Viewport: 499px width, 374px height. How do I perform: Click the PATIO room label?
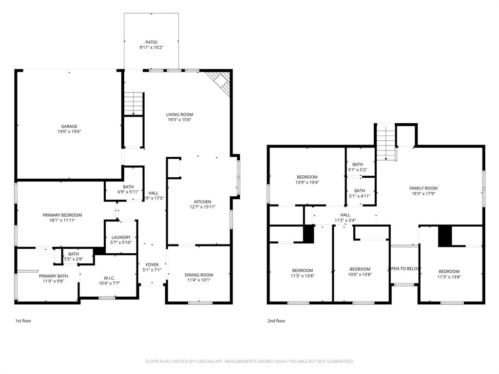tap(151, 42)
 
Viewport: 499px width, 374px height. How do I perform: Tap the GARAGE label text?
tap(69, 127)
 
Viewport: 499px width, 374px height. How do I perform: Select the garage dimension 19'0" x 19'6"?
tap(69, 131)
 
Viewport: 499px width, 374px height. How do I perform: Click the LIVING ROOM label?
tap(179, 115)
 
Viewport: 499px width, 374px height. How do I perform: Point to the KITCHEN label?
tap(202, 202)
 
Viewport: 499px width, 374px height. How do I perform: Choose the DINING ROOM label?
tap(199, 275)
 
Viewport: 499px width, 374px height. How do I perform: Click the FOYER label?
tap(152, 264)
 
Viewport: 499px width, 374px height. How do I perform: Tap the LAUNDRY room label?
tap(120, 237)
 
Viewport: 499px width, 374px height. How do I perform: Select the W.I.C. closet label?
tap(110, 278)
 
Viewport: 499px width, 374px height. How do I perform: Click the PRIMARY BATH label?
tap(54, 276)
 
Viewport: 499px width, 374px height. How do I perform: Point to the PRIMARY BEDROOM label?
tap(62, 215)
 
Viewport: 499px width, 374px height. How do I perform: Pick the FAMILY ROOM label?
tap(423, 188)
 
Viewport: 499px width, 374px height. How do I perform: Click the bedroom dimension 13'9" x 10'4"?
tap(307, 182)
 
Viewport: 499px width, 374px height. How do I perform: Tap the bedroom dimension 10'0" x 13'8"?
tap(360, 275)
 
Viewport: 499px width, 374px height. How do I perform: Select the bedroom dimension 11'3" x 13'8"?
tap(449, 277)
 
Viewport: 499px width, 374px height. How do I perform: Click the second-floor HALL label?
tap(345, 215)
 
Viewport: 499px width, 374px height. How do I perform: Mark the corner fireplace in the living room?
tap(220, 82)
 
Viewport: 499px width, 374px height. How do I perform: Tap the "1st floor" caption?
tap(23, 321)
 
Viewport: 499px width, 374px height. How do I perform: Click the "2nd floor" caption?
tap(276, 321)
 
